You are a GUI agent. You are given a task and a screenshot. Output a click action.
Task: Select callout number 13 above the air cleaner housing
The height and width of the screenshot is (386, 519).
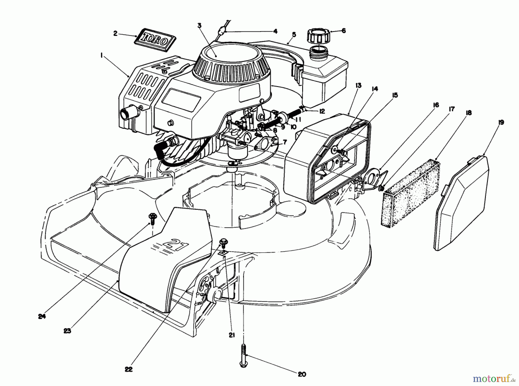358,85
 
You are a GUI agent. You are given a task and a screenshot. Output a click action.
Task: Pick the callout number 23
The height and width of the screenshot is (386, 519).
67,331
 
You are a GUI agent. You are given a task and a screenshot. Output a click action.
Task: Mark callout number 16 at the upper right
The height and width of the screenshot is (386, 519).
436,105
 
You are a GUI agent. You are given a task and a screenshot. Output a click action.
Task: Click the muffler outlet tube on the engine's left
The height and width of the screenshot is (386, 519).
127,113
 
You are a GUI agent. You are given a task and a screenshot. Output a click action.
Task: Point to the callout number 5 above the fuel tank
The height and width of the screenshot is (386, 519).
294,35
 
